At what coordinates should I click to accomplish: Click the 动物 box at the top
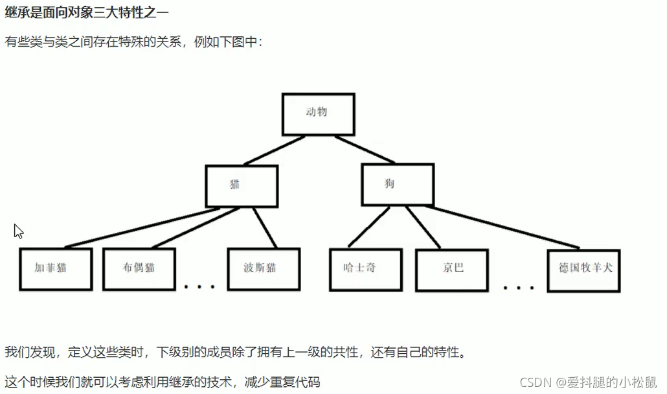[318, 113]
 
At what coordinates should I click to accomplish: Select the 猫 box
[242, 185]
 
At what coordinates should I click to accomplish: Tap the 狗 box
[396, 184]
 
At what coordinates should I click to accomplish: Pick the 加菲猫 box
[55, 268]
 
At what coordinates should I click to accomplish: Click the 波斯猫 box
[263, 268]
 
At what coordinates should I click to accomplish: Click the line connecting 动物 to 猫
[273, 150]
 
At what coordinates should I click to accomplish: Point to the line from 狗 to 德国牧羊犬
[505, 227]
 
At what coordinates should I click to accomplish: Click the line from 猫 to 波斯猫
[264, 227]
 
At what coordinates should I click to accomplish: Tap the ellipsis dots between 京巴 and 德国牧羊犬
[519, 286]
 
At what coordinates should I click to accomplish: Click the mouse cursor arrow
[18, 231]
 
